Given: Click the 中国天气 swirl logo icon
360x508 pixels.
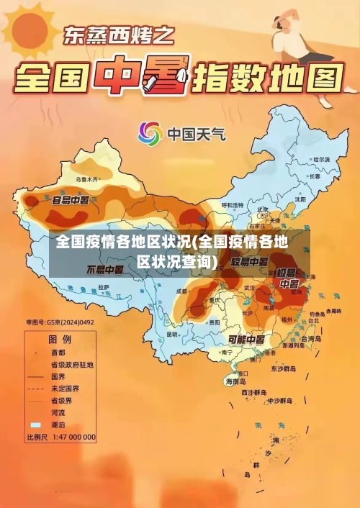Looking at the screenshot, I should pyautogui.click(x=150, y=133).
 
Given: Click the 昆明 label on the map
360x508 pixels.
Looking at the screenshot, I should pyautogui.click(x=171, y=335).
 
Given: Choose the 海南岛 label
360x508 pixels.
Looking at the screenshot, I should pyautogui.click(x=238, y=381).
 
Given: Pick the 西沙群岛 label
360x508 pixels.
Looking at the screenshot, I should pyautogui.click(x=256, y=392).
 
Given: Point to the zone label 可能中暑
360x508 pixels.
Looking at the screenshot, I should pyautogui.click(x=246, y=339).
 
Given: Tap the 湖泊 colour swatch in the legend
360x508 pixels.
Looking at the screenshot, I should pyautogui.click(x=35, y=425).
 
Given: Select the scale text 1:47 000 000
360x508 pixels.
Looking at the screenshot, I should pyautogui.click(x=71, y=437).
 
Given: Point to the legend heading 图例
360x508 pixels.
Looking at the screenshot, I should pyautogui.click(x=59, y=339).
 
